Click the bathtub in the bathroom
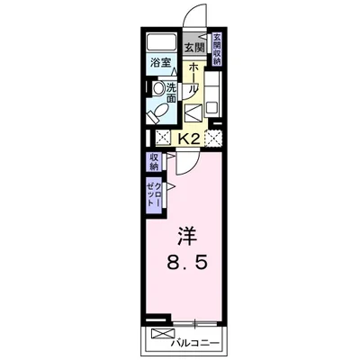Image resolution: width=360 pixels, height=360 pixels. pos(163,43)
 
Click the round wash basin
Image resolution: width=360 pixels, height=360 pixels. pos(157,89)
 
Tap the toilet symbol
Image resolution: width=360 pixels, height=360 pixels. pos(157,112)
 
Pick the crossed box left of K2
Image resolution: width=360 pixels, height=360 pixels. pos(163,139)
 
